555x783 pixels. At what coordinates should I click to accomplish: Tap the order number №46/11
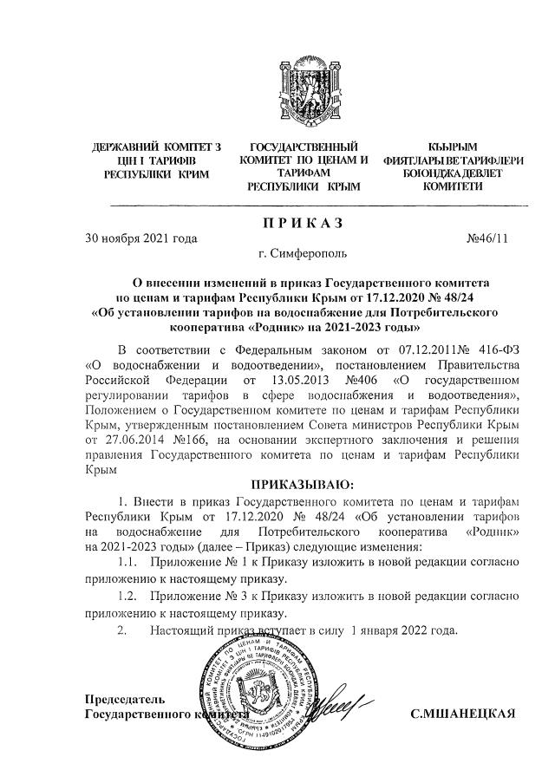(491, 238)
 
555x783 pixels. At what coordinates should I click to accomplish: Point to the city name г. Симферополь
(304, 256)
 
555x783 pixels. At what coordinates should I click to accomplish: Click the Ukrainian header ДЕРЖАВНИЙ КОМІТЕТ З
(155, 147)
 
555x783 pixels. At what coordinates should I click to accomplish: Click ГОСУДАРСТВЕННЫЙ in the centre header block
(304, 147)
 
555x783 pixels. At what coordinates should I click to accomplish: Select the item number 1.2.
(127, 597)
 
